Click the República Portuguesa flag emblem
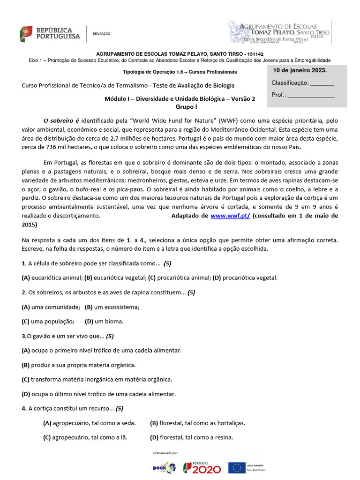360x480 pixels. pos(26,33)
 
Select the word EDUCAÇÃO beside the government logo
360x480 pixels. pos(101,34)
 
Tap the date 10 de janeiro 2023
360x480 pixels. pos(300,70)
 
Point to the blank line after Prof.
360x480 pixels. pos(311,95)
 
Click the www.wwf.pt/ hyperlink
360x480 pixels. pos(230,216)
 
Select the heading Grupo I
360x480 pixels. pos(180,107)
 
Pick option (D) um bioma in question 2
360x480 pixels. pos(105,322)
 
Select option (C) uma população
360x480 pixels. pos(48,322)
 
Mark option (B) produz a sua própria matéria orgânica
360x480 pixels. pos(79,365)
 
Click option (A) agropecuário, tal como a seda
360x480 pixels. pos(90,423)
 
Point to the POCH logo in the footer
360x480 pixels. pos(164,468)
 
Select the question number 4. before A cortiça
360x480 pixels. pos(24,408)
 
